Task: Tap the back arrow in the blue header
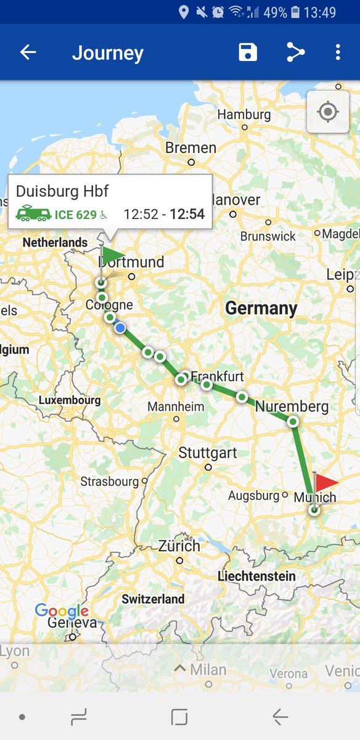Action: tap(28, 52)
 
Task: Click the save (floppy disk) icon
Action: tap(248, 52)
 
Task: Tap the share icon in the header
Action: tap(295, 52)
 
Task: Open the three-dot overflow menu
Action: tap(338, 52)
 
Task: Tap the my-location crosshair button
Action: tap(328, 112)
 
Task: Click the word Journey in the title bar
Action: tap(107, 53)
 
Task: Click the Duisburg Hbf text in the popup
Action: tap(62, 191)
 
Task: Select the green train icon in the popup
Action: tap(33, 213)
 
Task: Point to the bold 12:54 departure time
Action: tap(187, 214)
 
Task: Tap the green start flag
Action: tap(113, 255)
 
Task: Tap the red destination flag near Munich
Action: tap(326, 483)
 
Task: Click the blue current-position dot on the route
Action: tap(120, 327)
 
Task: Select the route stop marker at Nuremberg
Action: tap(293, 421)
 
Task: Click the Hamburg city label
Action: tap(244, 115)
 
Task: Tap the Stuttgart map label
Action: tap(208, 453)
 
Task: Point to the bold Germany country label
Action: tap(261, 308)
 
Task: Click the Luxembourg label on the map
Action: tap(69, 400)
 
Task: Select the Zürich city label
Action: tap(179, 546)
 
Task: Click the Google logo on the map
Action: tap(62, 611)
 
